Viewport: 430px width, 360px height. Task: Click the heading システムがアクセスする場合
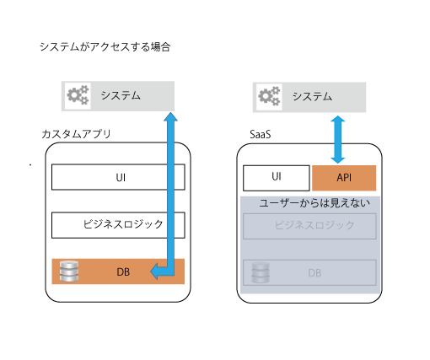point(105,46)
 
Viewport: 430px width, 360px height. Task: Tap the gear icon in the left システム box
point(78,95)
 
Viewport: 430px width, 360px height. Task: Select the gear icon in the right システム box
point(269,96)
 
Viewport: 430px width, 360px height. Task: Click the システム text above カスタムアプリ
point(121,95)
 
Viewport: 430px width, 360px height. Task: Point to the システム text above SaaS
point(312,96)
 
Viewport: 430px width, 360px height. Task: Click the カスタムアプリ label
point(76,134)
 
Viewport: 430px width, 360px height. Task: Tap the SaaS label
point(261,134)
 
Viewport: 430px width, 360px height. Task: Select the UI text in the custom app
point(121,178)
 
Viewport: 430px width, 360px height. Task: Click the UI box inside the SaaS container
point(277,178)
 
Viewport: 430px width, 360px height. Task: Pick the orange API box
point(344,178)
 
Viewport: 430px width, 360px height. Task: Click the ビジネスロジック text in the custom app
point(123,224)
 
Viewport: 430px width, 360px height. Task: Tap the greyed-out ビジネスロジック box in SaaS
point(309,226)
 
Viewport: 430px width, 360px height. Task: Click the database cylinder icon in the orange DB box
point(69,271)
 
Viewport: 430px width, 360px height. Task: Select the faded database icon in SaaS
point(261,272)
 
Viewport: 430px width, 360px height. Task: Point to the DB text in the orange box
point(123,272)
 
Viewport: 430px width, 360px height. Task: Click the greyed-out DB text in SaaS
point(314,273)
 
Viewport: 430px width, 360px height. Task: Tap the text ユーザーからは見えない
point(314,202)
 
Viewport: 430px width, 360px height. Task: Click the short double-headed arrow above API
point(337,140)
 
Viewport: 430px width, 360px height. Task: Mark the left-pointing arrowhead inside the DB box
point(154,271)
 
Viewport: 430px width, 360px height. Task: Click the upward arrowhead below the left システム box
point(170,116)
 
